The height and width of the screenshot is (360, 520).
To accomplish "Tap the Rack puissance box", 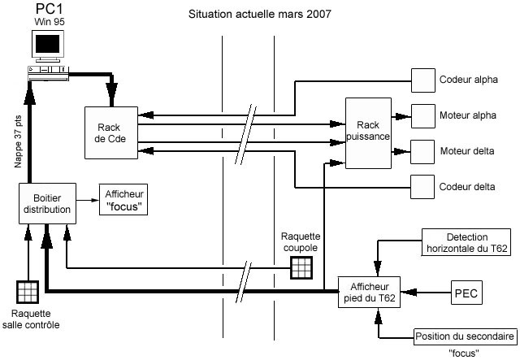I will (368, 133).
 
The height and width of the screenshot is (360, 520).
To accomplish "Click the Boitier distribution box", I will (47, 203).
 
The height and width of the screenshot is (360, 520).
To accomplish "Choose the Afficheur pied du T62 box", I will (369, 292).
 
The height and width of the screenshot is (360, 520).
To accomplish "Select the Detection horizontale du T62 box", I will (466, 242).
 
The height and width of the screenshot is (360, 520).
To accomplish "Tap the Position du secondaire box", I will (465, 336).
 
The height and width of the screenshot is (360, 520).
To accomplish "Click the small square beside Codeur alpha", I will (422, 80).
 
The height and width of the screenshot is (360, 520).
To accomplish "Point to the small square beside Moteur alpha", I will (422, 116).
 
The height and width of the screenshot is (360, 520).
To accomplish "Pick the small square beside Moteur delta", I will (422, 152).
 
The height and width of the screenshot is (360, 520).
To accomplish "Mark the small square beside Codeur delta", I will (422, 187).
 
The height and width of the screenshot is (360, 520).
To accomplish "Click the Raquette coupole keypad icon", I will (301, 269).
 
